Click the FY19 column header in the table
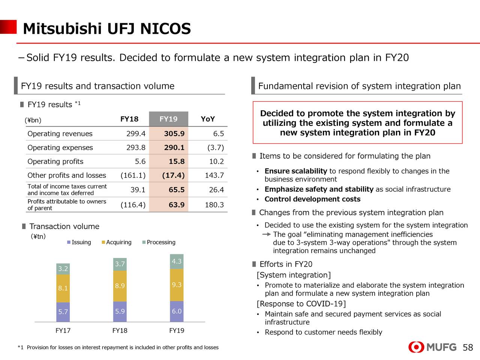[x=168, y=119]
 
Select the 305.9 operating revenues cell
[x=174, y=133]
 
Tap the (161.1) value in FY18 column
[x=133, y=175]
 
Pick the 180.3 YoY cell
[x=214, y=205]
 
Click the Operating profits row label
[x=55, y=161]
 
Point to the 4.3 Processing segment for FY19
[x=177, y=261]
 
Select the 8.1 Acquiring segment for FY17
[x=63, y=288]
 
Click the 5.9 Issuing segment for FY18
[x=120, y=311]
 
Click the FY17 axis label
[x=63, y=330]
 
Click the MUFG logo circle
[x=416, y=347]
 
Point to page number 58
[x=468, y=348]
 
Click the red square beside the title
[x=8, y=27]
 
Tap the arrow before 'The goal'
[x=267, y=234]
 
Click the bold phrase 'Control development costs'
[x=312, y=199]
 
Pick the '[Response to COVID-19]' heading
[x=301, y=304]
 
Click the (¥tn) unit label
[x=38, y=236]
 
